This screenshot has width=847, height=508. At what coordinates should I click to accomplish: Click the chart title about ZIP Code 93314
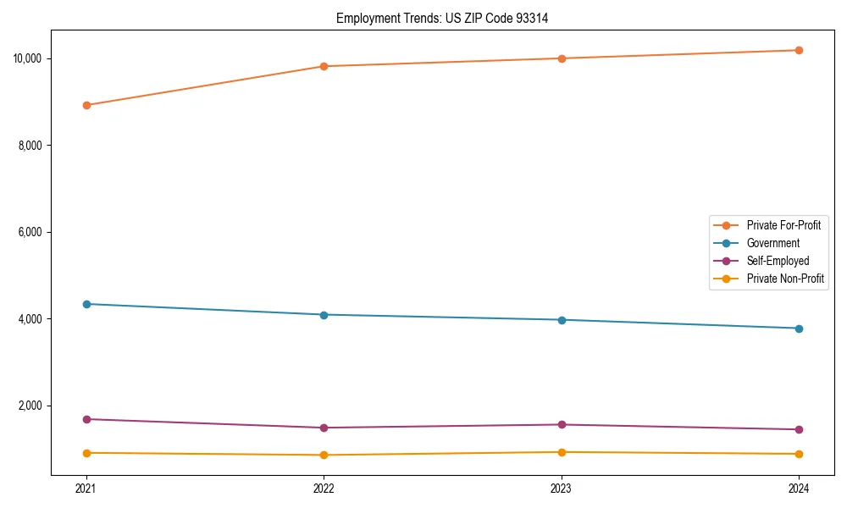(442, 18)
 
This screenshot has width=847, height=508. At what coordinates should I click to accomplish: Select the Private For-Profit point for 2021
(86, 105)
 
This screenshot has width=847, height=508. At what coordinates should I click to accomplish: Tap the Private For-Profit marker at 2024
(799, 50)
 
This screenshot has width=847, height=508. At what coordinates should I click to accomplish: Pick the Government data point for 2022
(324, 315)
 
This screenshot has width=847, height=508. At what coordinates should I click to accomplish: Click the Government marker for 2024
(799, 329)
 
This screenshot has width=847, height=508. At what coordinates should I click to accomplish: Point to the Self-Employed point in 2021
(86, 419)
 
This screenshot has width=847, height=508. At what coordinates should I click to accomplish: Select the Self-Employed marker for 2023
(562, 425)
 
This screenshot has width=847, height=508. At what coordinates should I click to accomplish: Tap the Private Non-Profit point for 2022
(324, 455)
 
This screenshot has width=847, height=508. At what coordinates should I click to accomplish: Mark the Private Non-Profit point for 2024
(799, 454)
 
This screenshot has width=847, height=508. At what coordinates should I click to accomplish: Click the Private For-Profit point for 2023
(562, 58)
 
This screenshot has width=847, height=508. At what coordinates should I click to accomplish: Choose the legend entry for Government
(772, 243)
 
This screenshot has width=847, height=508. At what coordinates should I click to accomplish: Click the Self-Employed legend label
(778, 261)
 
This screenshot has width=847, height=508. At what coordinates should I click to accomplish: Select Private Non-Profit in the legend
(785, 279)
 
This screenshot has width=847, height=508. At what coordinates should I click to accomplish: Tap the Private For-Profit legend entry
(783, 225)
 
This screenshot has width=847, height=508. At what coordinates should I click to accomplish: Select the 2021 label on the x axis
(86, 488)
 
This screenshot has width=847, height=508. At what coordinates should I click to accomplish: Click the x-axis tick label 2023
(562, 488)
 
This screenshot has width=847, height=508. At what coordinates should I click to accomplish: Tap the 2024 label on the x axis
(799, 488)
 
